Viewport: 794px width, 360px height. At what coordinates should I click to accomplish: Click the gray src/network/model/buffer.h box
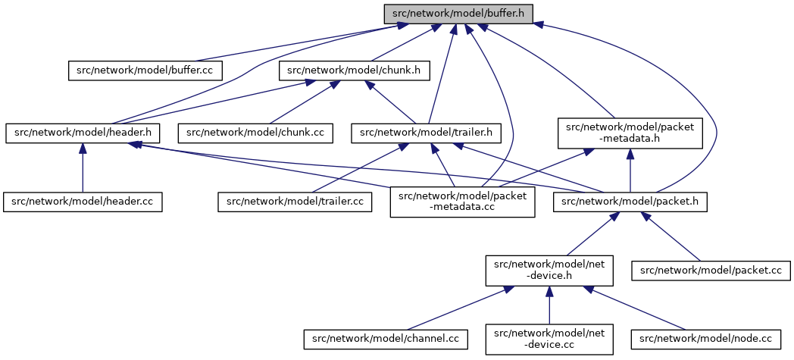(458, 14)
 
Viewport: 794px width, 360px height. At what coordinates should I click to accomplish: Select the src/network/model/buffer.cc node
(145, 70)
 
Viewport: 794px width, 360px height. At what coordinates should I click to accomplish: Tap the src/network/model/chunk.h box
(355, 70)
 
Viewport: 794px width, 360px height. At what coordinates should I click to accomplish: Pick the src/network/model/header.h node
(83, 133)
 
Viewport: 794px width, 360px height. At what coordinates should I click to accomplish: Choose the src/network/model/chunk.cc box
(255, 133)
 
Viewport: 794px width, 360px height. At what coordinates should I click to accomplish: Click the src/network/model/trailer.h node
(427, 133)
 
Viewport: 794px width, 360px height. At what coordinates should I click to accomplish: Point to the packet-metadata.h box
(630, 133)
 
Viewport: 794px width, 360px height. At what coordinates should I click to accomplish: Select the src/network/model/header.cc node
(83, 202)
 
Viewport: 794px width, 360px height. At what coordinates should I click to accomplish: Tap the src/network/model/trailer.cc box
(295, 202)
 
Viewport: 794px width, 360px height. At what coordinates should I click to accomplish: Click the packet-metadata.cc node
(462, 202)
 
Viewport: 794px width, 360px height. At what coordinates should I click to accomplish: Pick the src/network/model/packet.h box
(630, 202)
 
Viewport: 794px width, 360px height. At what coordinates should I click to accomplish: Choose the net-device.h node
(549, 271)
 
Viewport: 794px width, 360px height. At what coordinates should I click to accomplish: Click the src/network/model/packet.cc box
(711, 271)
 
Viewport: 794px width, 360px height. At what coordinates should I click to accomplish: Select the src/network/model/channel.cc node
(385, 340)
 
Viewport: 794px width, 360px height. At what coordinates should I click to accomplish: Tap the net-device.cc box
(549, 340)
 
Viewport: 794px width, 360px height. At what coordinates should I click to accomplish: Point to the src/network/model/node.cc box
(707, 340)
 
